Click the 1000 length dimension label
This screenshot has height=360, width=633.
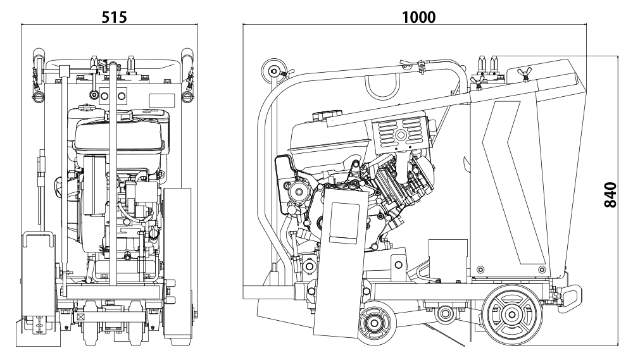point(419,16)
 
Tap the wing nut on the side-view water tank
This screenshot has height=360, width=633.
point(523,71)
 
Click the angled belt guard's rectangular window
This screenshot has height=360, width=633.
point(342,221)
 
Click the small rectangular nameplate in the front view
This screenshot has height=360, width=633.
point(161,99)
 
